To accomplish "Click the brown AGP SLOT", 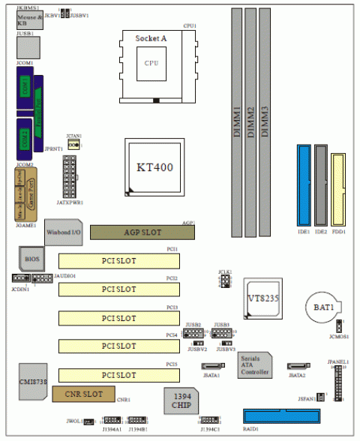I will pyautogui.click(x=142, y=232).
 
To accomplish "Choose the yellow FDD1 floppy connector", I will pyautogui.click(x=337, y=191).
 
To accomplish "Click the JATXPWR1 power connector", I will pyautogui.click(x=73, y=177).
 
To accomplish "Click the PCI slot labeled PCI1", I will pyautogui.click(x=135, y=260).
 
